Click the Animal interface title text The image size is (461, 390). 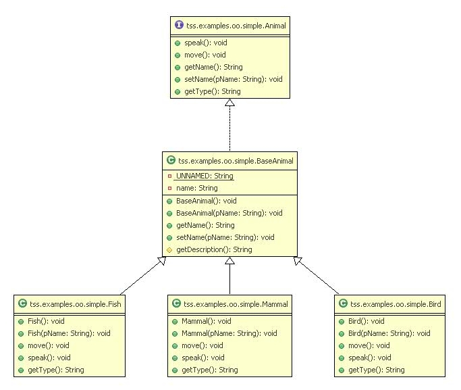[x=233, y=25]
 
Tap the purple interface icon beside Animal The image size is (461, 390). [x=178, y=25]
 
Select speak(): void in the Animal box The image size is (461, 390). [x=196, y=43]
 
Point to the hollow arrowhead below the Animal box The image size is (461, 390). [x=229, y=103]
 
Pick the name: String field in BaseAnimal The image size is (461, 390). [x=196, y=188]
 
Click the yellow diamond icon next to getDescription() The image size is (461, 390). [x=169, y=249]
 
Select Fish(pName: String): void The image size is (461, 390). [x=69, y=333]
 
